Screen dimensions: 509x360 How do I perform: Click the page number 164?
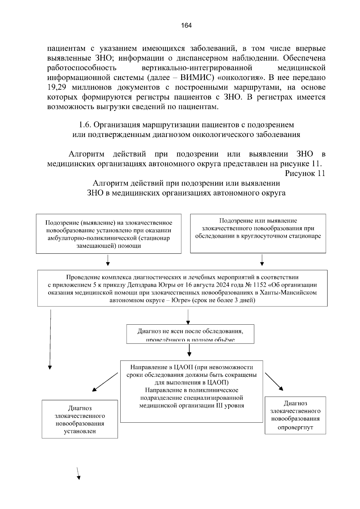pos(186,25)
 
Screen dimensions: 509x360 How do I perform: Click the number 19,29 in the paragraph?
pos(57,88)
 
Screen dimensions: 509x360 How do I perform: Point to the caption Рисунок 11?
pos(305,174)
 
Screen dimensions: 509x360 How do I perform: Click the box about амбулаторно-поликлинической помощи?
pos(109,234)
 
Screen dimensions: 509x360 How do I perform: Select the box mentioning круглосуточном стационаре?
pos(258,233)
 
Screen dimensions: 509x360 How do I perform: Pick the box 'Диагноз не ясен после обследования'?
pos(190,334)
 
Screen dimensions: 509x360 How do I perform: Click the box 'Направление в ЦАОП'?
pos(191,391)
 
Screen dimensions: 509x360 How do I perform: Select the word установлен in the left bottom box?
pos(80,431)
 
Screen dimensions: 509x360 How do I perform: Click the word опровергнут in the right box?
pos(295,427)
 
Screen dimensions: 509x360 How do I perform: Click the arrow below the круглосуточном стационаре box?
pos(262,260)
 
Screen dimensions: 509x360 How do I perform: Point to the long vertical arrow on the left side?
pos(50,339)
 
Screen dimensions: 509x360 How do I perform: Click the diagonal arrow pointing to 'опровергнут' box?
pos(274,381)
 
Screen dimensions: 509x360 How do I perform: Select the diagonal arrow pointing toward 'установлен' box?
pos(105,382)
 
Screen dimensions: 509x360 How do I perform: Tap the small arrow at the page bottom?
pos(78,474)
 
